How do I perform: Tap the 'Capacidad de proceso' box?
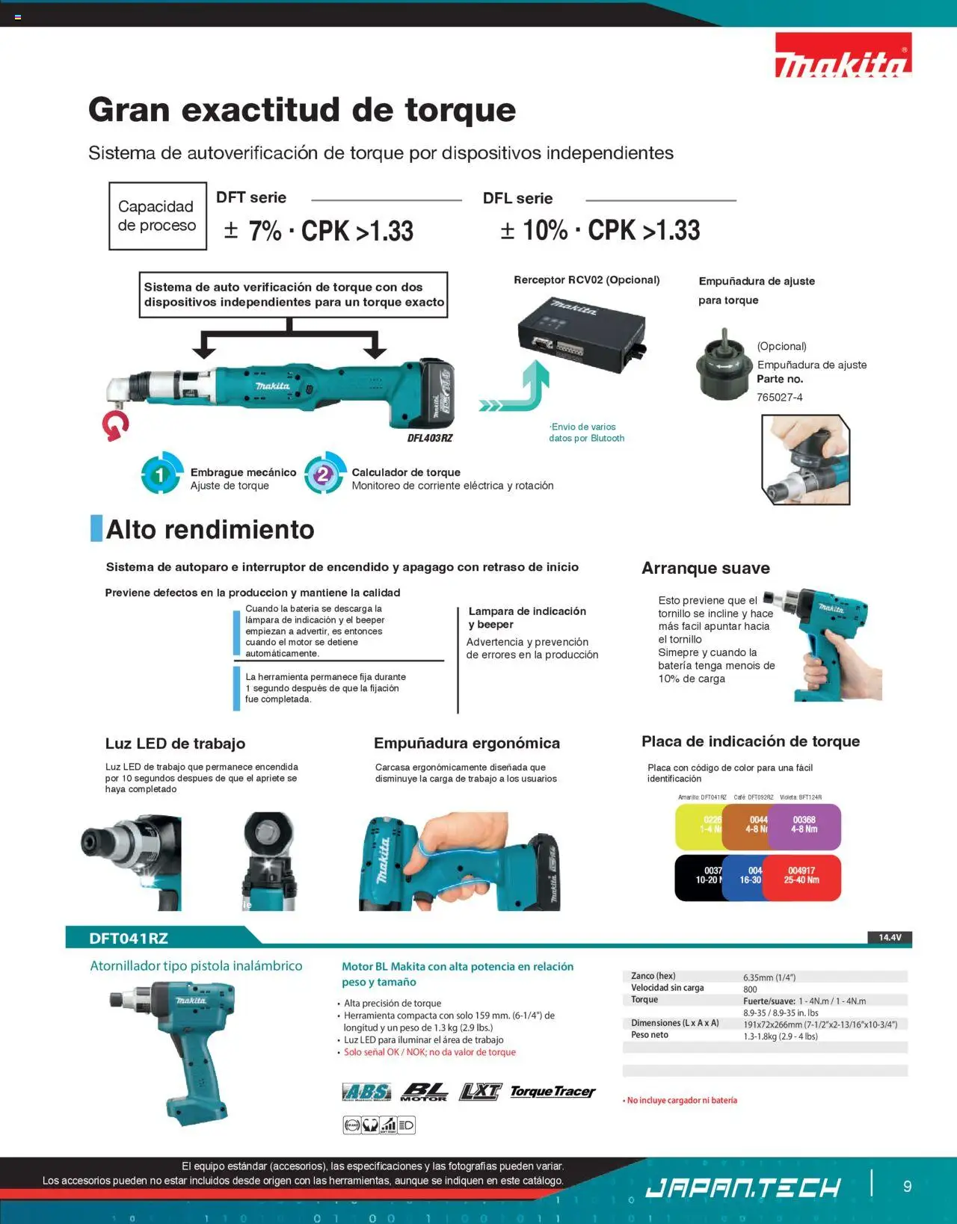point(157,216)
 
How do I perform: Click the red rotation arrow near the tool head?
point(115,426)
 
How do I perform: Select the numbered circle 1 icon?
point(161,475)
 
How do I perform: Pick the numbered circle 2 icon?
point(324,475)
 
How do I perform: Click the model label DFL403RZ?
point(430,438)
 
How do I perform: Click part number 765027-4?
point(780,398)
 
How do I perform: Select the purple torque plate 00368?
point(805,826)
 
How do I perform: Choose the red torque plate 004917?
point(802,877)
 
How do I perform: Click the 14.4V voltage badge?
point(889,937)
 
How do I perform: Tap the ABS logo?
point(366,1092)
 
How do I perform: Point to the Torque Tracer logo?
point(553,1092)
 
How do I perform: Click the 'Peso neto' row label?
point(650,1035)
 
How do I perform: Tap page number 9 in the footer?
point(907,1186)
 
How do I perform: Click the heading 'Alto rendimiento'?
point(210,529)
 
